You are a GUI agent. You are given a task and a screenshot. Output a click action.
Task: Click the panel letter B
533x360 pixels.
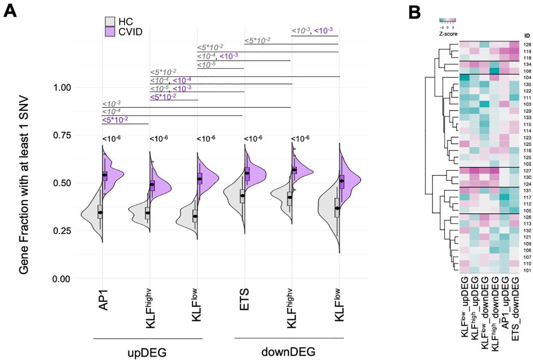[414, 12]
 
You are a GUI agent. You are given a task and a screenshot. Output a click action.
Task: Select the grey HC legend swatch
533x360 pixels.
[110, 21]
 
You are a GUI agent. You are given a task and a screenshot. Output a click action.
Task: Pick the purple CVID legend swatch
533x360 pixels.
[110, 32]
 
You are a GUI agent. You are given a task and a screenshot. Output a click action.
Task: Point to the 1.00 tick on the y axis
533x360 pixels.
[62, 88]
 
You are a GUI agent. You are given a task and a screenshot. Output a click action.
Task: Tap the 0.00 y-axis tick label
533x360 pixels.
[61, 279]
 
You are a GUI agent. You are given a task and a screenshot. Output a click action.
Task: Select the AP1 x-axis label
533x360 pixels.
[103, 300]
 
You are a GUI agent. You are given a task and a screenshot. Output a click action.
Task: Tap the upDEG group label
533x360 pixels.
[147, 352]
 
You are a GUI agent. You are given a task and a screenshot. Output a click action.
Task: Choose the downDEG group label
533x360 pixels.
[288, 352]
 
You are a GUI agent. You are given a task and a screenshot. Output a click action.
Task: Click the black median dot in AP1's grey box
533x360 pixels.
[100, 213]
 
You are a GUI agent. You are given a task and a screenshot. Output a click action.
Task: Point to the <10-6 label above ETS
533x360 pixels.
[253, 139]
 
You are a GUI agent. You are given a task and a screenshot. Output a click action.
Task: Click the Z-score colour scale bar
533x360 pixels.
[447, 20]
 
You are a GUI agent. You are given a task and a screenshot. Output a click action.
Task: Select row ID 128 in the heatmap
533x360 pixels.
[527, 45]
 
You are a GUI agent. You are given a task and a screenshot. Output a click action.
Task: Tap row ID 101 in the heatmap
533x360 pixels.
[527, 270]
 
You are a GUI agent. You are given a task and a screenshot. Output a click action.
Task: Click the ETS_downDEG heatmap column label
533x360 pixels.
[515, 308]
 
